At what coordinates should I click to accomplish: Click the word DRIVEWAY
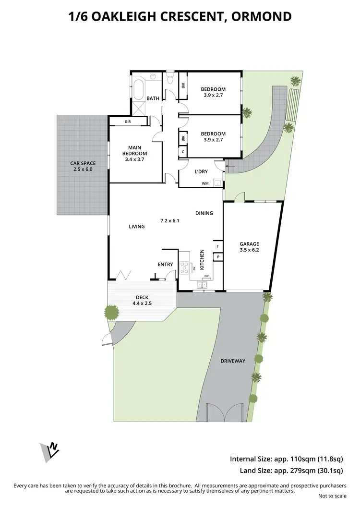[x=233, y=361]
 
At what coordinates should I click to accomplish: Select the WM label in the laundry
[x=205, y=183]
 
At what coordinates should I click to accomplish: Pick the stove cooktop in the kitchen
[x=184, y=267]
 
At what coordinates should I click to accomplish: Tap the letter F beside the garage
[x=218, y=247]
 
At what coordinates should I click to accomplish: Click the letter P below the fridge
[x=218, y=257]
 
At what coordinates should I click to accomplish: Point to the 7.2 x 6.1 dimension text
[x=169, y=221]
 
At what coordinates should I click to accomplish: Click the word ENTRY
[x=165, y=264]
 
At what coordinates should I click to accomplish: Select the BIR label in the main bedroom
[x=128, y=122]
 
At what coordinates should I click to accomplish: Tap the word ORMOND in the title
[x=262, y=17]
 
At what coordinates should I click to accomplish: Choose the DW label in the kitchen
[x=206, y=276]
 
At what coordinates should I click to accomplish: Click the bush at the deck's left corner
[x=112, y=313]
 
